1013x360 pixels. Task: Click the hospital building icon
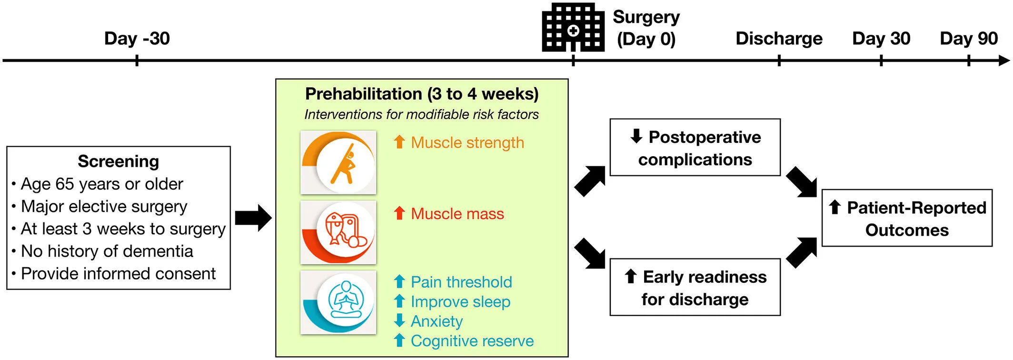click(573, 27)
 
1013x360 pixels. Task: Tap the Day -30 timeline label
click(137, 39)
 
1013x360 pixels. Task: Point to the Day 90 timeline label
click(968, 39)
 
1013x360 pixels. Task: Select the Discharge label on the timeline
click(779, 39)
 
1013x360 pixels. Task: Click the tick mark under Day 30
click(881, 60)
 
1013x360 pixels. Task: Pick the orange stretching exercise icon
click(338, 162)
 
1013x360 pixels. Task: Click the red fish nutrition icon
click(338, 232)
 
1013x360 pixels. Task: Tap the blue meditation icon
click(338, 302)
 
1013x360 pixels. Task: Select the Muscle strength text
click(467, 142)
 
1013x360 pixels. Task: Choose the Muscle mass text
click(457, 214)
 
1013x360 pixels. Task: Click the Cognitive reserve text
click(472, 341)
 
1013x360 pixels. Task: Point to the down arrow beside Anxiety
click(399, 320)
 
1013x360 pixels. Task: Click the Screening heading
click(118, 161)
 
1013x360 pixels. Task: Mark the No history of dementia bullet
click(107, 251)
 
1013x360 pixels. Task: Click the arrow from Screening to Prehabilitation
click(253, 218)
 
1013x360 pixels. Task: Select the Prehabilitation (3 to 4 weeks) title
click(422, 94)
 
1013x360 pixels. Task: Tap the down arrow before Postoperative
click(636, 136)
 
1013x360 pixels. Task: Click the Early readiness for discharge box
click(695, 287)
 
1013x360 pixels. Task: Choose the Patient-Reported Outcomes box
click(907, 218)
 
